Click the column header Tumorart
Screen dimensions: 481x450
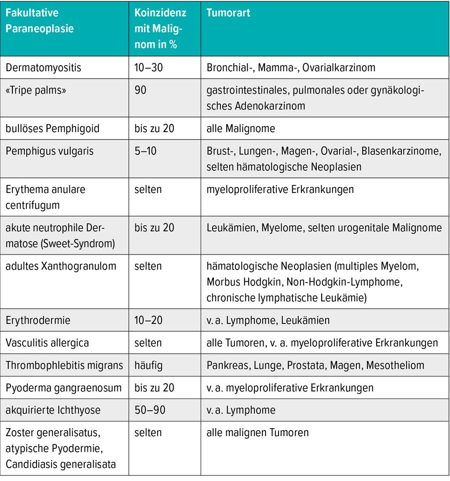pyautogui.click(x=228, y=13)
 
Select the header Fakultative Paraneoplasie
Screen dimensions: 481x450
pyautogui.click(x=40, y=21)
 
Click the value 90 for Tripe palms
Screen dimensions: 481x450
pyautogui.click(x=141, y=90)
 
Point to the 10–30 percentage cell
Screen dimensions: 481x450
pyautogui.click(x=149, y=68)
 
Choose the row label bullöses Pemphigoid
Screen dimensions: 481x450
pyautogui.click(x=52, y=129)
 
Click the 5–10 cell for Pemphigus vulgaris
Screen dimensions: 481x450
pyautogui.click(x=145, y=151)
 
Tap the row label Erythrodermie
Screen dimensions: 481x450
pyautogui.click(x=38, y=320)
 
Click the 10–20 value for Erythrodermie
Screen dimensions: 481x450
pyautogui.click(x=149, y=320)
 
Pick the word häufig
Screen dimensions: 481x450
pyautogui.click(x=148, y=366)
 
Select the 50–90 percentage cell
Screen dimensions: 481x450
pyautogui.click(x=149, y=410)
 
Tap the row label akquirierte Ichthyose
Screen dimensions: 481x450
pyautogui.click(x=53, y=410)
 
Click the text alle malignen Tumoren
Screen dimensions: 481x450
pyautogui.click(x=258, y=433)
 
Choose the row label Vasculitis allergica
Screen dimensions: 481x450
pyautogui.click(x=47, y=343)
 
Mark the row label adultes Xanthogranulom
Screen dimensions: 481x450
pyautogui.click(x=61, y=266)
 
